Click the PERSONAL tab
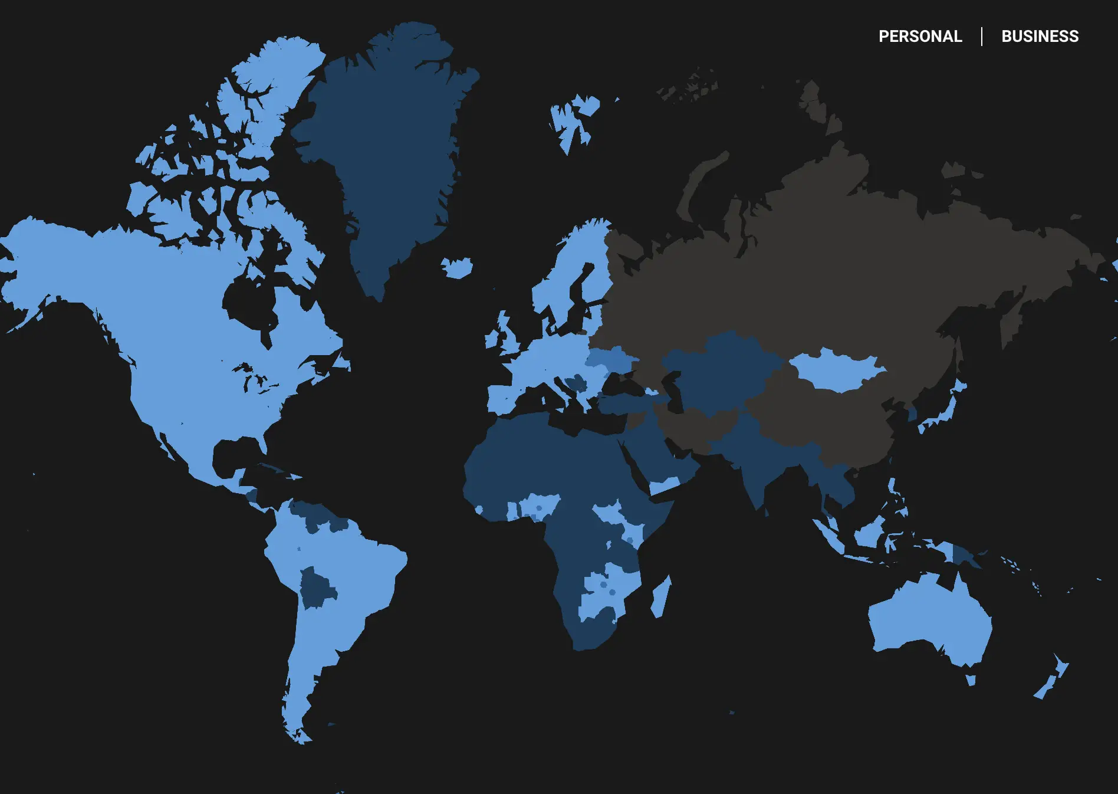point(920,37)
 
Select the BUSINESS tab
point(1040,37)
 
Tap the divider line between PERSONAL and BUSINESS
point(982,37)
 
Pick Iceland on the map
point(458,268)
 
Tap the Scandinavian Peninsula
point(566,277)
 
